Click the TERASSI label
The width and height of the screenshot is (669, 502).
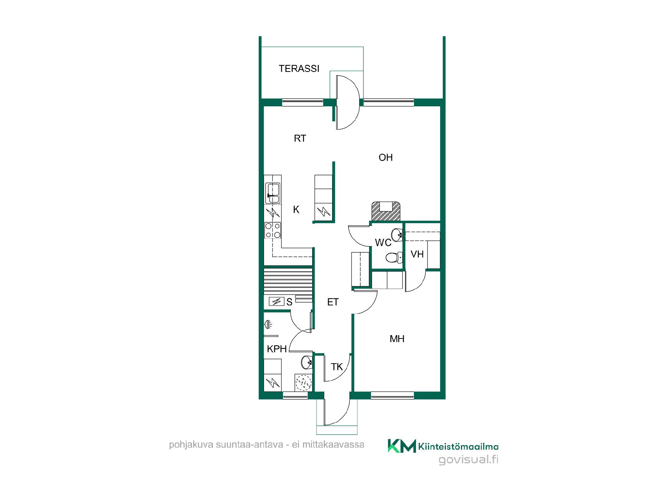tap(299, 68)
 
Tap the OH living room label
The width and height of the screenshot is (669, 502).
tap(386, 158)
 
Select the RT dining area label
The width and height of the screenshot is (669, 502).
tap(300, 138)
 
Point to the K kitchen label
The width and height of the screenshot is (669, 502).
tap(296, 209)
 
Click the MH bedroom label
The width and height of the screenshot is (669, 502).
tap(397, 339)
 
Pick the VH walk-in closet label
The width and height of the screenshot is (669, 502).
tap(417, 254)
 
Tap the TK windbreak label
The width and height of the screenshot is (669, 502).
tap(337, 367)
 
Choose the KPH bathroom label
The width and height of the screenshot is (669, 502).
tap(277, 349)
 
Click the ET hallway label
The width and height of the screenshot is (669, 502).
tap(333, 302)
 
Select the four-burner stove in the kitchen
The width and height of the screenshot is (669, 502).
tap(273, 230)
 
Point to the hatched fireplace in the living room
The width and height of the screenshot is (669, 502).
tap(385, 211)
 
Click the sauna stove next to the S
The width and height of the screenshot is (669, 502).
tap(277, 301)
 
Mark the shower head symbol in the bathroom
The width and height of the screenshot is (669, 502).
tap(268, 325)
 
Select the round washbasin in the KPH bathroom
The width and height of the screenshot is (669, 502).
tap(306, 362)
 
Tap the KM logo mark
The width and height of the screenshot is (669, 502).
tap(402, 446)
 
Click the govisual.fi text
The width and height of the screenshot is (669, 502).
tap(468, 460)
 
